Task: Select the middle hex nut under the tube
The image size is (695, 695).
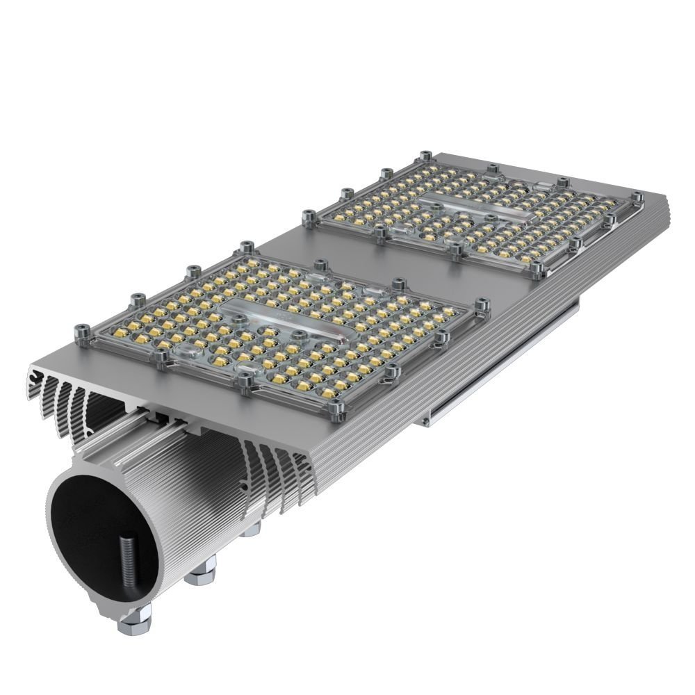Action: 202,572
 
